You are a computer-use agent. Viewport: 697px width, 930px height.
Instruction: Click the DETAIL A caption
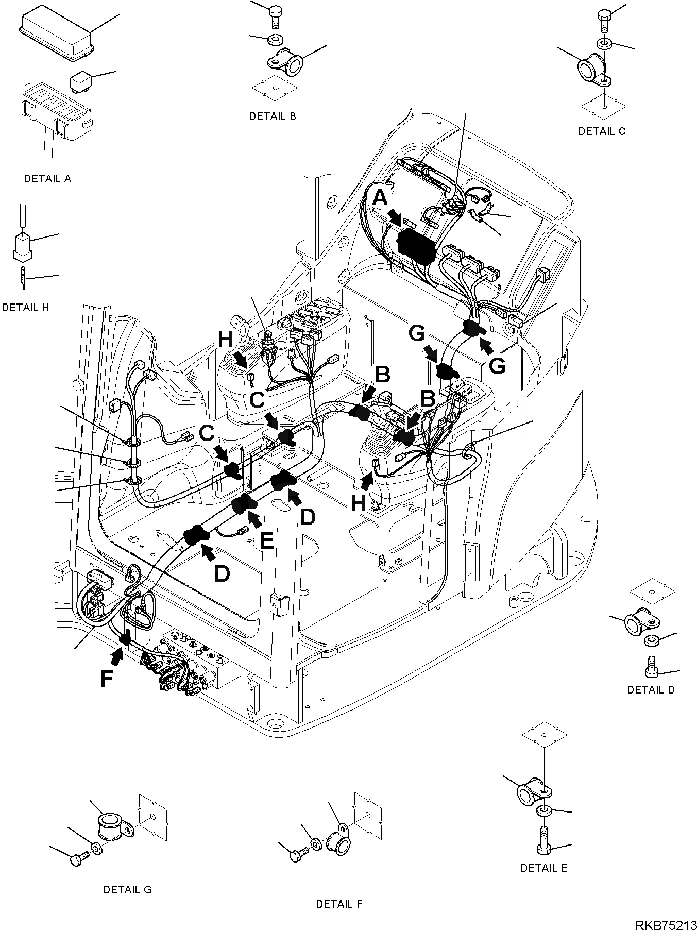[x=47, y=179]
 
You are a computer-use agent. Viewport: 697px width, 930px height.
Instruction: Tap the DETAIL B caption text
[x=273, y=116]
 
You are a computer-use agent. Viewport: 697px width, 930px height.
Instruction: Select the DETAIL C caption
[x=602, y=131]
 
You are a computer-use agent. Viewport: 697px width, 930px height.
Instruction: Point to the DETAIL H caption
[x=26, y=308]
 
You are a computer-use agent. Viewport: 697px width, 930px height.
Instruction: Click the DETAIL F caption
[x=339, y=904]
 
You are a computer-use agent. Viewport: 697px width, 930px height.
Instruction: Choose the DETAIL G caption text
[x=127, y=889]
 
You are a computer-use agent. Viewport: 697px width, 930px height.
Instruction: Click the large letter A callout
[x=380, y=197]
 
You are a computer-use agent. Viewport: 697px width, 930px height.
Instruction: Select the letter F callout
[x=107, y=679]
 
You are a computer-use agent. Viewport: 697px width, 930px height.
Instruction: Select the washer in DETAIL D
[x=651, y=641]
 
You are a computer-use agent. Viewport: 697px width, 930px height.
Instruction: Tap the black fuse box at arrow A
[x=417, y=246]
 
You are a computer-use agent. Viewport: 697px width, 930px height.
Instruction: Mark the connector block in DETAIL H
[x=22, y=245]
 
